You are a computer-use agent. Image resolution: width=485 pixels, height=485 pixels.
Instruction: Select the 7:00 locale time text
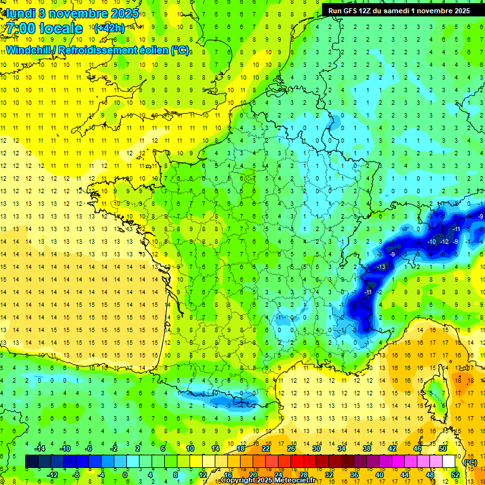(x=44, y=28)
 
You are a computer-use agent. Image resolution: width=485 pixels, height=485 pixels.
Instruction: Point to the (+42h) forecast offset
(x=109, y=28)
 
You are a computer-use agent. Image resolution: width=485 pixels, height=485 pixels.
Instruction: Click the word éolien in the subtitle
(x=155, y=49)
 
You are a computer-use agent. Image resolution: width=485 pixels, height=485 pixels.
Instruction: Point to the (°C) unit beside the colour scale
(x=470, y=462)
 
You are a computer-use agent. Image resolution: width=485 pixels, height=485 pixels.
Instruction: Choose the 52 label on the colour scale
(x=455, y=475)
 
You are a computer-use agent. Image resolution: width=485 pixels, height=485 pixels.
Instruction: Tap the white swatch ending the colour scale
(x=449, y=462)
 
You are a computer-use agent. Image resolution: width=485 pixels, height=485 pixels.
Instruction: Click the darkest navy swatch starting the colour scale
(x=32, y=462)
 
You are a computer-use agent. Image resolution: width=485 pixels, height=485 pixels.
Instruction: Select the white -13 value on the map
(x=381, y=268)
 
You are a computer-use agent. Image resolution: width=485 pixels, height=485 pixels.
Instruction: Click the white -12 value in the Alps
(x=445, y=242)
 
